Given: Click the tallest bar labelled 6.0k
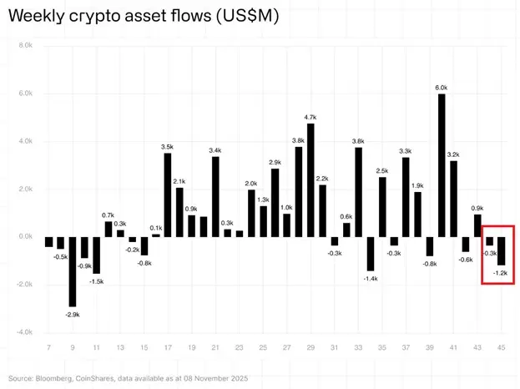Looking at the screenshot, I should click(442, 165).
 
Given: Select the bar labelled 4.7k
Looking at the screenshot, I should click(310, 179).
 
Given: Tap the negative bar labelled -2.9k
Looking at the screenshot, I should click(73, 271).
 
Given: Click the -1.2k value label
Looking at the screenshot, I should click(501, 274).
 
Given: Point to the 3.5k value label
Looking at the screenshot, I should click(167, 146).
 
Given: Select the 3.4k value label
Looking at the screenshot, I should click(215, 149).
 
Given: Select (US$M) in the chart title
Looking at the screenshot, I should click(248, 16).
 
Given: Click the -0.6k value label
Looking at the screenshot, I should click(465, 259).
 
